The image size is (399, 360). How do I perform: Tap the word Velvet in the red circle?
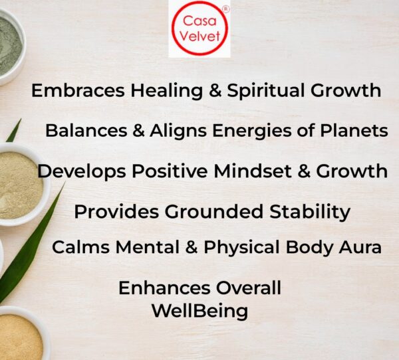tap(199, 36)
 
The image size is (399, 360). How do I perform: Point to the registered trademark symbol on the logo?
tap(226, 9)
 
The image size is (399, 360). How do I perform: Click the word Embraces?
tap(78, 90)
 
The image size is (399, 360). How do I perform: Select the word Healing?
tap(167, 91)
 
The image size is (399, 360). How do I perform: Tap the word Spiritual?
tap(265, 91)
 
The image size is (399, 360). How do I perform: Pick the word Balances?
tap(86, 131)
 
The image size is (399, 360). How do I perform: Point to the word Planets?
tap(354, 131)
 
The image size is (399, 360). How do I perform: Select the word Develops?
tap(82, 171)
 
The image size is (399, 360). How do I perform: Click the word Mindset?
tap(253, 171)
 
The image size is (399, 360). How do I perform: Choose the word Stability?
tap(310, 212)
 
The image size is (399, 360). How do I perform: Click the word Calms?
tap(80, 247)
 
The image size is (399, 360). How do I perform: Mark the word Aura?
tap(360, 247)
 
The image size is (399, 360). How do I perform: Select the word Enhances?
tap(164, 288)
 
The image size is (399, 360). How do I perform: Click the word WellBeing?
tap(200, 312)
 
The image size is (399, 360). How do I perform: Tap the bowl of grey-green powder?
tap(11, 46)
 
